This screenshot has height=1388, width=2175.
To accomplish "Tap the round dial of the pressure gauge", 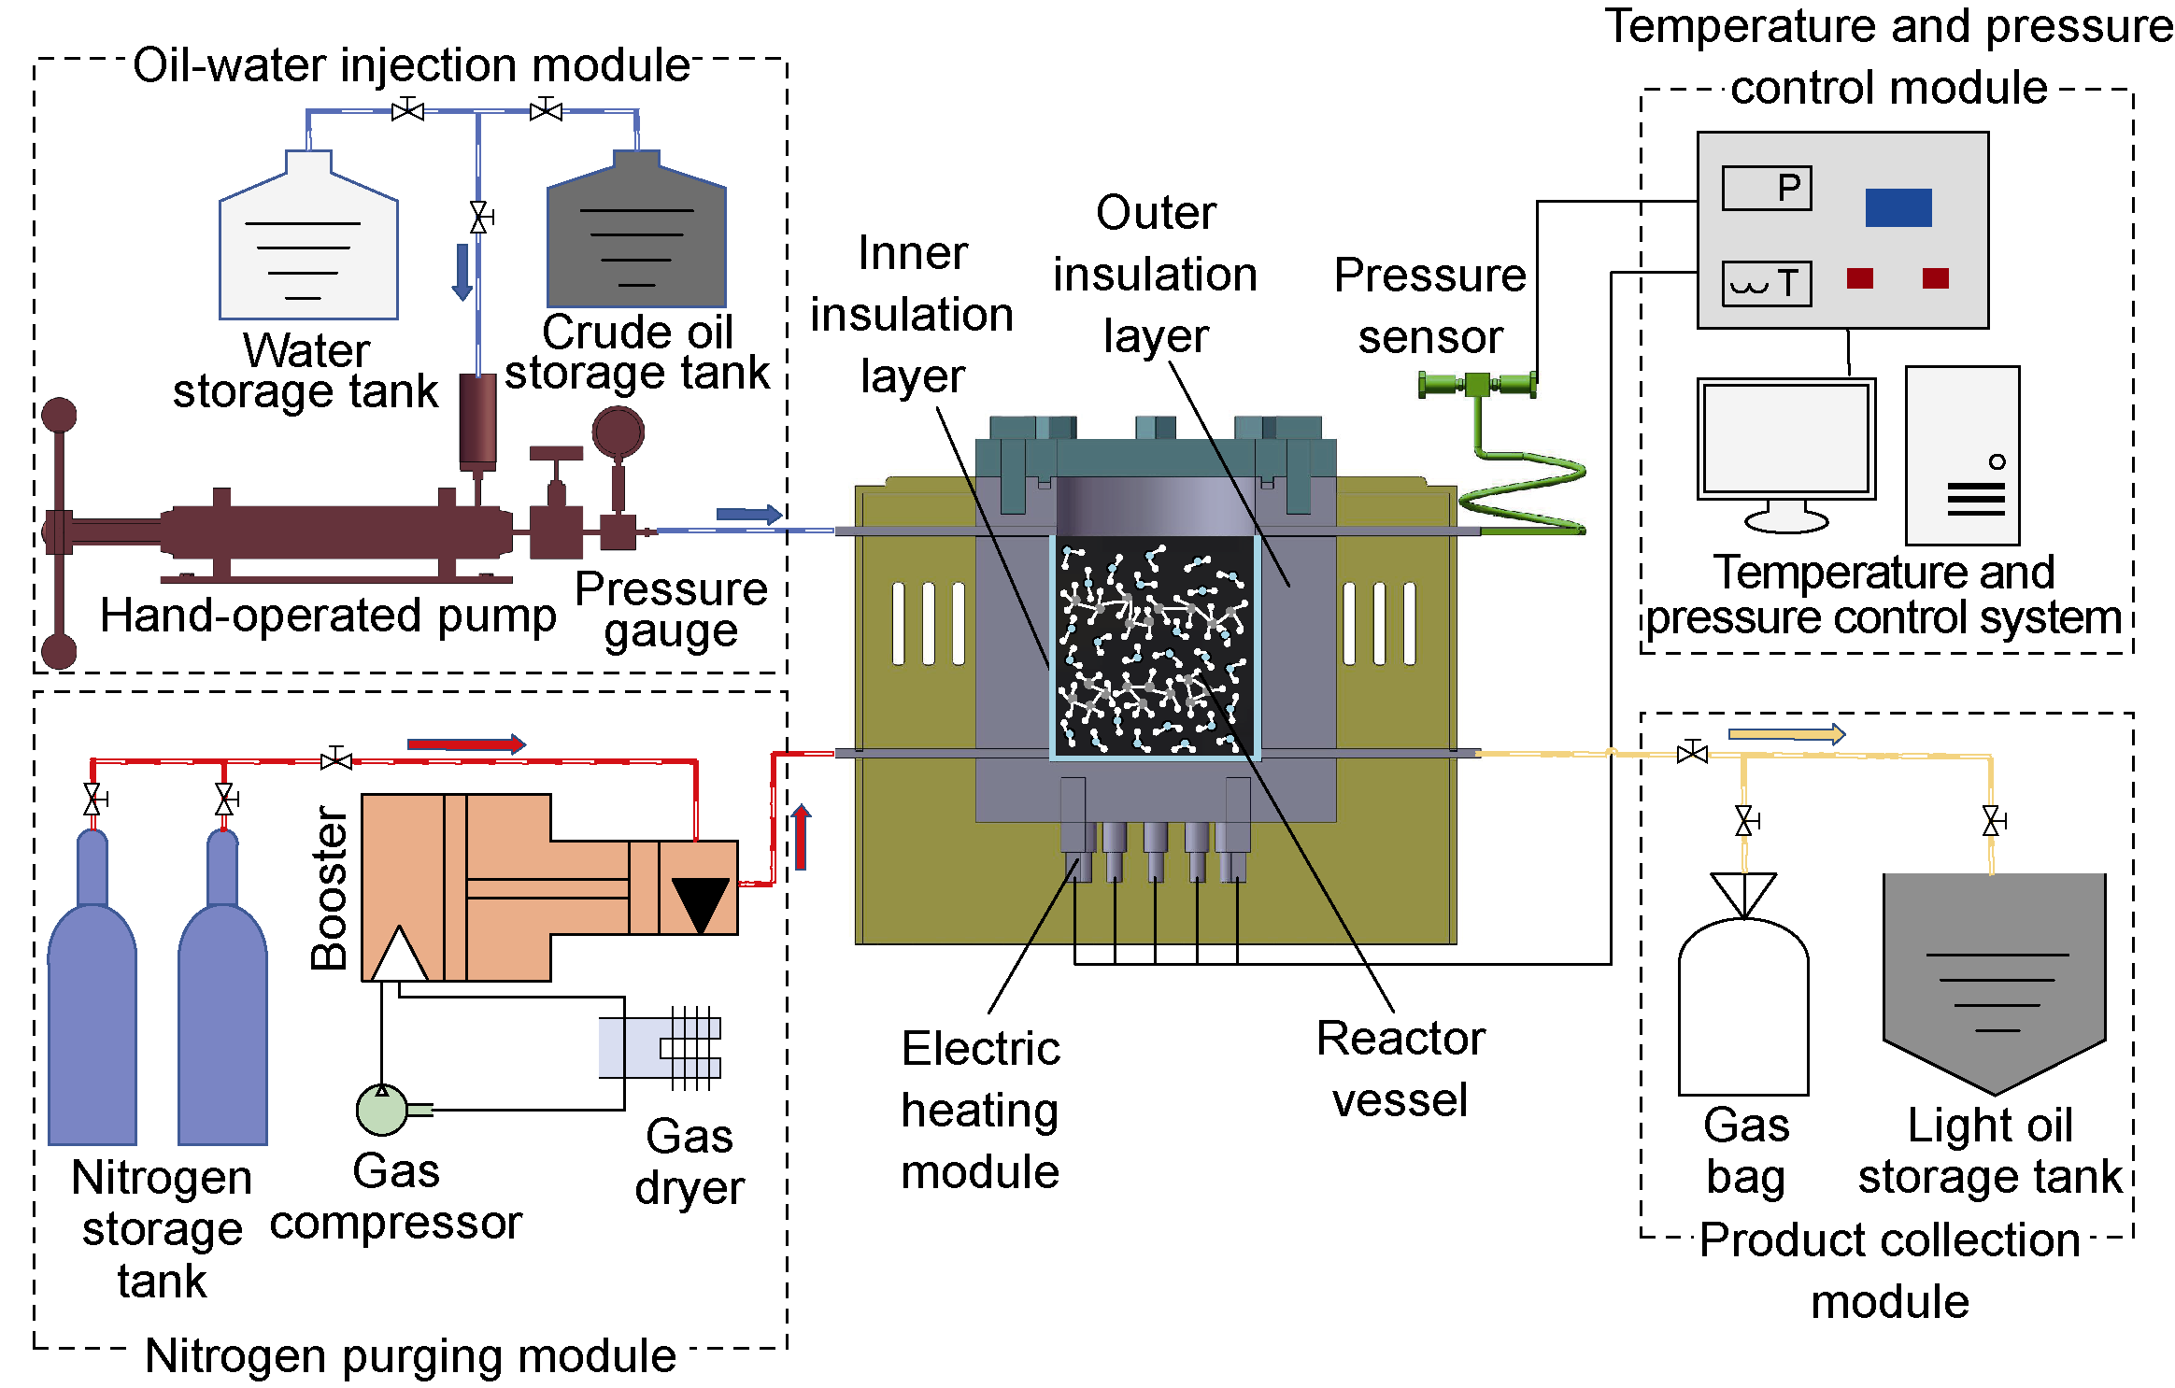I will (x=618, y=432).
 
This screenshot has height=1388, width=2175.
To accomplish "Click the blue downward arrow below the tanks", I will (x=462, y=272).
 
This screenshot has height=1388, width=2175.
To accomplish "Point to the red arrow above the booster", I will (x=466, y=744).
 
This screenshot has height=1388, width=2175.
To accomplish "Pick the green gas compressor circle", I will (x=382, y=1110).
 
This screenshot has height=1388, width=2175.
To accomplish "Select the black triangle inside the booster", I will (x=700, y=903).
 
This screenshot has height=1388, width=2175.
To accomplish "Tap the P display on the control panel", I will (x=1767, y=188).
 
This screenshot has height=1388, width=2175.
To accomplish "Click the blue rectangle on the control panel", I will (x=1898, y=207).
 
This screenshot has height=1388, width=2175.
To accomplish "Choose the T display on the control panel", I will (x=1767, y=284).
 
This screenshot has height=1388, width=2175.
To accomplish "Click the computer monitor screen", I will (x=1786, y=439).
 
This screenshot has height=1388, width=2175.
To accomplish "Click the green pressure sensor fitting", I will (x=1477, y=384).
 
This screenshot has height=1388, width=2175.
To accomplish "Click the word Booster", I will (x=330, y=887).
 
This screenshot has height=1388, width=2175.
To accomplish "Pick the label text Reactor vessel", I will (x=1400, y=1069).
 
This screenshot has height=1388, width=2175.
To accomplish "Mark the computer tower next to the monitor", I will (x=1962, y=456).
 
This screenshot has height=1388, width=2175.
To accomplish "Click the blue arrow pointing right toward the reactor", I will (x=748, y=514).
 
